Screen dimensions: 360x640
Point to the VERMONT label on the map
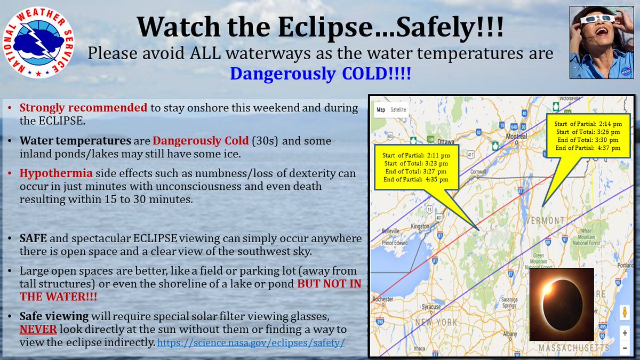(545, 221)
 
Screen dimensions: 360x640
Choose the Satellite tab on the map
(398, 110)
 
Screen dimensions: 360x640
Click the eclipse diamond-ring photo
(561, 305)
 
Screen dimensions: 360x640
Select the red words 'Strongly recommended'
(83, 108)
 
